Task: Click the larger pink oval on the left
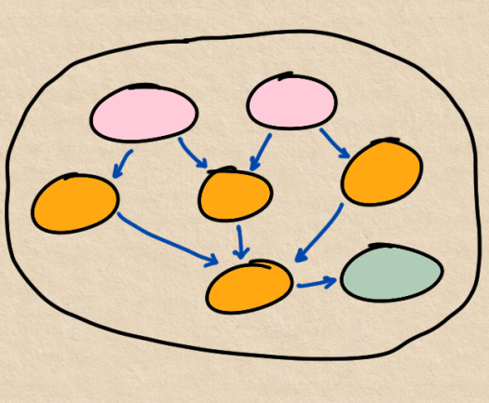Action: click(144, 114)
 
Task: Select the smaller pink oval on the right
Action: click(291, 102)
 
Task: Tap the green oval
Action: click(391, 273)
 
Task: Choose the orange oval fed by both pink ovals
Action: click(235, 195)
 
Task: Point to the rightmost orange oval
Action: click(382, 172)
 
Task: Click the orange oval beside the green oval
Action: click(250, 286)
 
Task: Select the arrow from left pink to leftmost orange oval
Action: click(122, 163)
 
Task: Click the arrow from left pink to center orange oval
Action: click(193, 153)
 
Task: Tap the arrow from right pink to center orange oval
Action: click(260, 152)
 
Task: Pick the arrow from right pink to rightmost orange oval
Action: click(333, 142)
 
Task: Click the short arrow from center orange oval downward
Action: click(240, 242)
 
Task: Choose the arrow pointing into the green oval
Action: click(317, 282)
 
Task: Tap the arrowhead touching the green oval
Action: click(332, 279)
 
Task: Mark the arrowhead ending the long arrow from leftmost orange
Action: click(213, 261)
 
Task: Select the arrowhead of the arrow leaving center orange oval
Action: click(241, 254)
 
